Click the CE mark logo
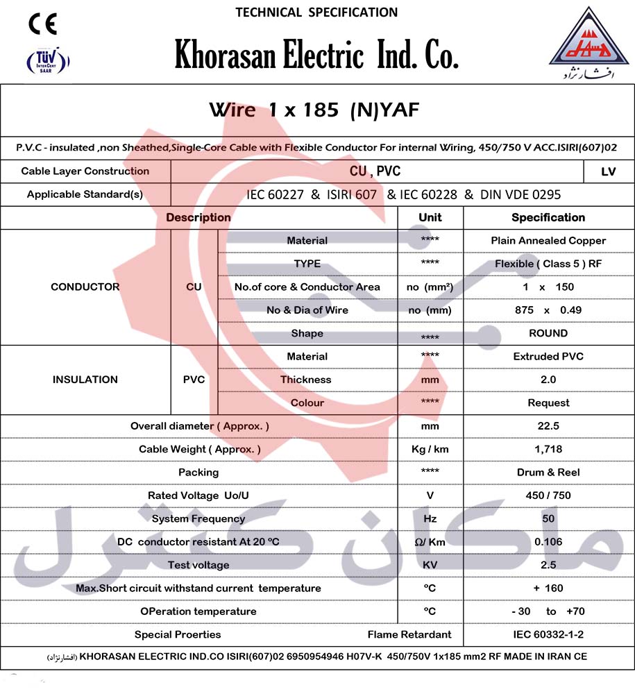[x=42, y=24]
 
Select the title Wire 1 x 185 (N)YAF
[x=314, y=110]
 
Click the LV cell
[x=609, y=171]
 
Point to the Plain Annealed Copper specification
[x=548, y=241]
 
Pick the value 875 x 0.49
[x=548, y=310]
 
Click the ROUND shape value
[x=548, y=333]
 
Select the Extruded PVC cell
[x=548, y=357]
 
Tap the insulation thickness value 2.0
[x=548, y=380]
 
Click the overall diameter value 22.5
[x=548, y=426]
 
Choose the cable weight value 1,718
[x=548, y=449]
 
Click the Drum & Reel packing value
[x=548, y=473]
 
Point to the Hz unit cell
[x=430, y=519]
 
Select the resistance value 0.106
[x=548, y=542]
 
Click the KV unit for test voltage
[x=430, y=565]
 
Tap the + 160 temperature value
[x=548, y=589]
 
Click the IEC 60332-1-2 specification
[x=548, y=634]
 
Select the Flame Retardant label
[x=409, y=634]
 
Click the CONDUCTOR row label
[x=85, y=287]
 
